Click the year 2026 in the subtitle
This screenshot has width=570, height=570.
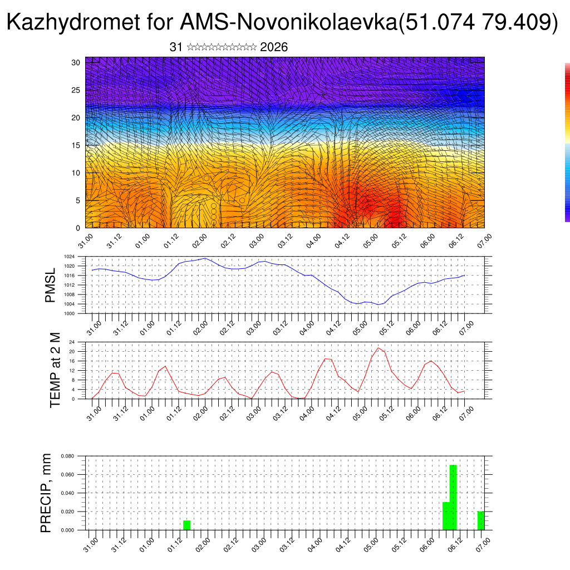274,47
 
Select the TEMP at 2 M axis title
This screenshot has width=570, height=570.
55,370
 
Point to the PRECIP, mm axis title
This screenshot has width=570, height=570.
46,492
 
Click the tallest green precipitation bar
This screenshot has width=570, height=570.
453,497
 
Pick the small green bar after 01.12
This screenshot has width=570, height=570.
187,525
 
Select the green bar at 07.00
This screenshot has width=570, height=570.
481,520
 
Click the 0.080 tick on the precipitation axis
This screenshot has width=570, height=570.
68,456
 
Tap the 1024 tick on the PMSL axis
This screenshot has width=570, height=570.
70,257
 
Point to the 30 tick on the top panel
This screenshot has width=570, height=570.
76,62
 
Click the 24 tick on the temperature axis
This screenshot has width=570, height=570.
72,342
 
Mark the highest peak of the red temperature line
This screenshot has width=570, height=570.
379,348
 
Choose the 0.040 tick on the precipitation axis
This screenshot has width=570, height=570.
68,493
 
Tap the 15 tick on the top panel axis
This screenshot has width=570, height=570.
76,145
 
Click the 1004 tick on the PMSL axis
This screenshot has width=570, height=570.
70,304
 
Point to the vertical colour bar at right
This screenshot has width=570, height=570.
567,142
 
